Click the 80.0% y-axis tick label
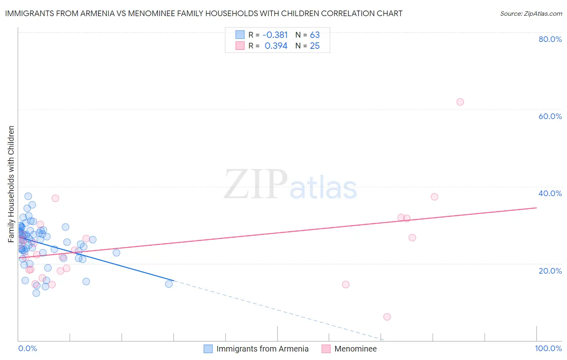pyautogui.click(x=550, y=39)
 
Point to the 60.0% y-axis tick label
pyautogui.click(x=550, y=116)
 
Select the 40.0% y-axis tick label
pyautogui.click(x=550, y=193)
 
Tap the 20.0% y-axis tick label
pyautogui.click(x=550, y=270)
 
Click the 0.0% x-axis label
pyautogui.click(x=27, y=348)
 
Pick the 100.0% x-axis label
pyautogui.click(x=548, y=348)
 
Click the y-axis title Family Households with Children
pyautogui.click(x=11, y=184)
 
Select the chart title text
pyautogui.click(x=204, y=13)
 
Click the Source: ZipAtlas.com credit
pyautogui.click(x=531, y=13)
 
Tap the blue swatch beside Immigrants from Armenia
pyautogui.click(x=208, y=349)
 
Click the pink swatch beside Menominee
pyautogui.click(x=326, y=349)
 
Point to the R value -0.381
pyautogui.click(x=275, y=35)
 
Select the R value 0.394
pyautogui.click(x=276, y=46)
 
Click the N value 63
pyautogui.click(x=315, y=35)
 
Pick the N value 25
pyautogui.click(x=315, y=46)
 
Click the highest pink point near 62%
pyautogui.click(x=460, y=102)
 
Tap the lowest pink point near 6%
pyautogui.click(x=387, y=317)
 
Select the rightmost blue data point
pyautogui.click(x=169, y=284)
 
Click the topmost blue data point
pyautogui.click(x=28, y=196)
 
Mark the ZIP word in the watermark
pyautogui.click(x=256, y=184)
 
